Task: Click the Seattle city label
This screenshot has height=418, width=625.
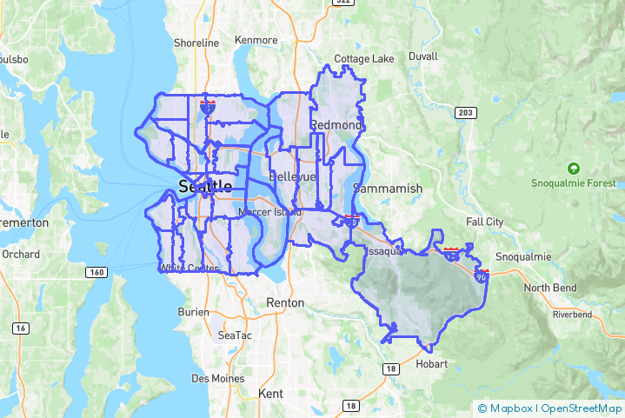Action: [x=204, y=186]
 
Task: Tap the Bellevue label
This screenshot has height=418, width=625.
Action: [x=292, y=176]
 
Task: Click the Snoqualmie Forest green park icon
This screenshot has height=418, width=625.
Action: [x=573, y=168]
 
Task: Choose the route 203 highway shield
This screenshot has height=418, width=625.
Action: [x=466, y=113]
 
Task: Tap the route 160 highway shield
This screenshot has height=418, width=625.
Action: [x=96, y=272]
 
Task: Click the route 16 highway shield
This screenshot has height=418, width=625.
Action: [x=19, y=328]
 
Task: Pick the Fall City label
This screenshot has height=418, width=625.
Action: [x=484, y=222]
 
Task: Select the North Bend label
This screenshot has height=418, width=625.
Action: [x=549, y=289]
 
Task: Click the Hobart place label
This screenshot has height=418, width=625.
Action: [x=431, y=364]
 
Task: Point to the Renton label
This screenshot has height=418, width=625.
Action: [x=286, y=303]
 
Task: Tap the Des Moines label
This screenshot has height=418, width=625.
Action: [x=216, y=379]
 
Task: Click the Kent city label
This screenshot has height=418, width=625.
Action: [x=270, y=394]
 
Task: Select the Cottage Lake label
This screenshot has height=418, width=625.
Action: [x=364, y=59]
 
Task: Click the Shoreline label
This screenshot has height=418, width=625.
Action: [x=196, y=43]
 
